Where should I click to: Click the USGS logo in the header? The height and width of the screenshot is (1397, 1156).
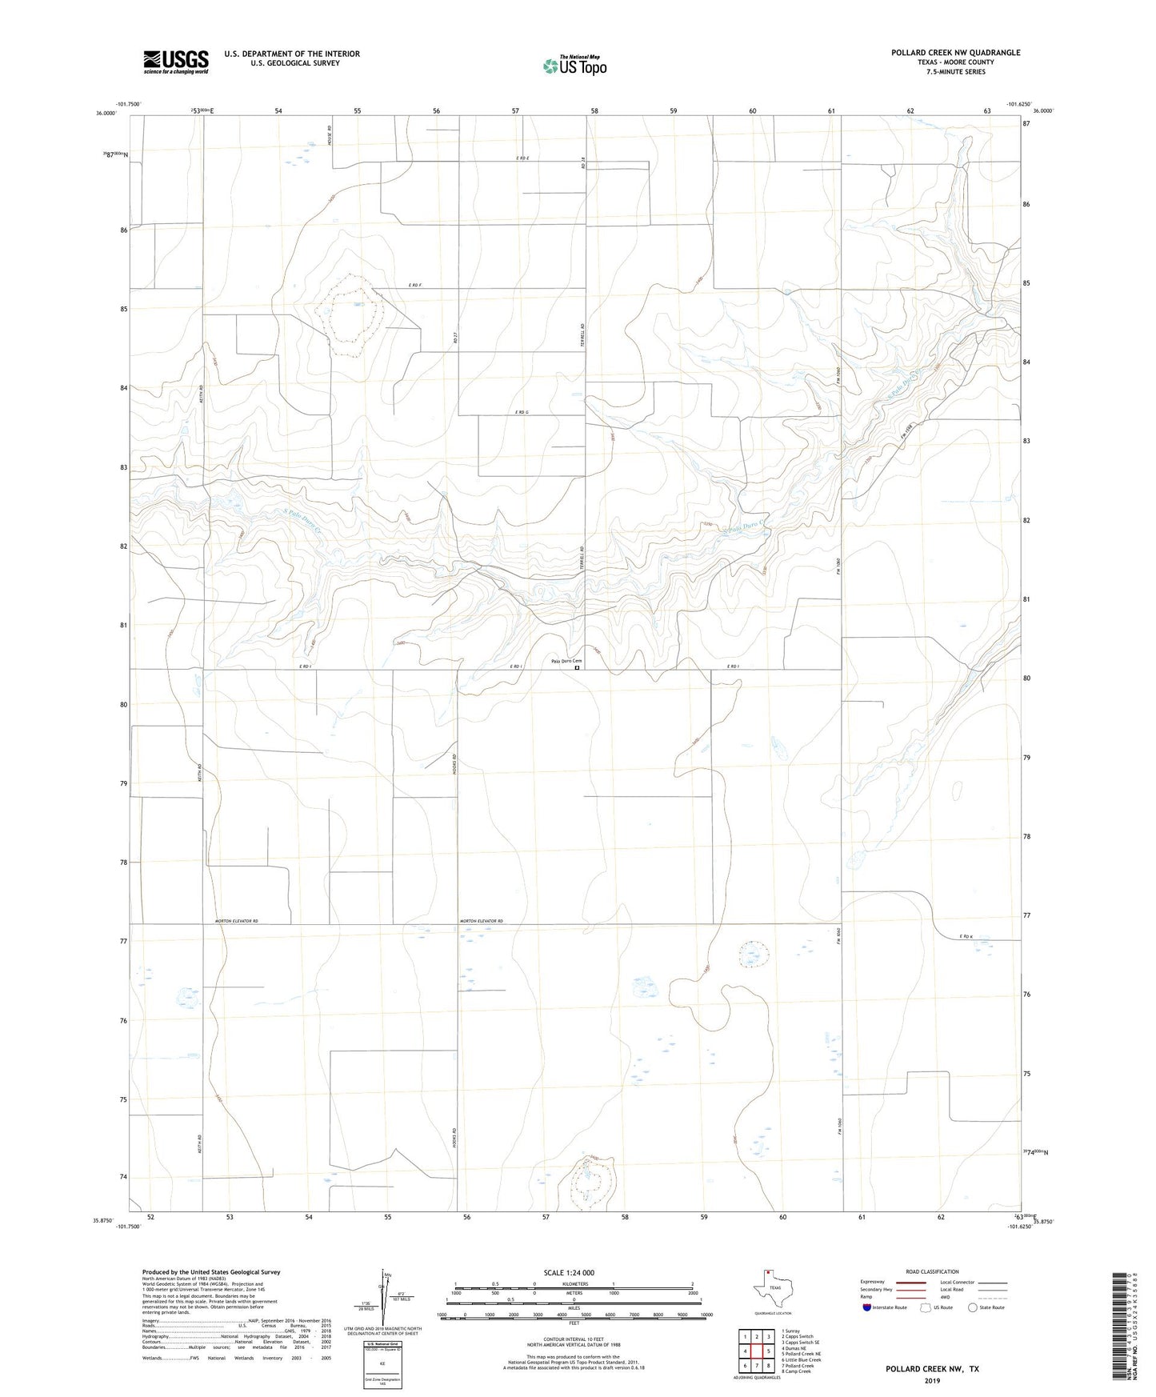click(x=176, y=62)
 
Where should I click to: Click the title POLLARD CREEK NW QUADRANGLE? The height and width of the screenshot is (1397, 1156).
click(x=955, y=53)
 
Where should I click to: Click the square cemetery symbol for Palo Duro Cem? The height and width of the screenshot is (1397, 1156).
click(x=577, y=668)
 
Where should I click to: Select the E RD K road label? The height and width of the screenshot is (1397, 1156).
click(x=966, y=936)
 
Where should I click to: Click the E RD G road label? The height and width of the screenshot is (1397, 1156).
click(x=522, y=412)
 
